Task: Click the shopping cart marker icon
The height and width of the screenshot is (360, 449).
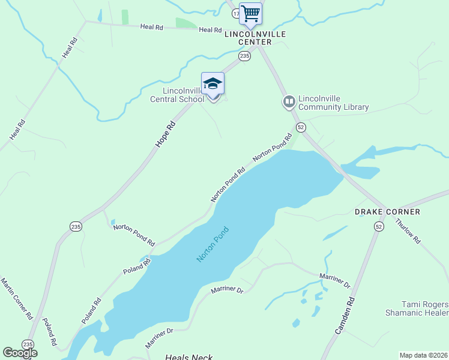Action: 250,13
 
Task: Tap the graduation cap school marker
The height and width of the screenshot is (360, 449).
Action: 212,84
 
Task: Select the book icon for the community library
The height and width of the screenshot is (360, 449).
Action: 289,101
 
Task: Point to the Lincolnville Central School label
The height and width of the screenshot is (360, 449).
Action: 176,95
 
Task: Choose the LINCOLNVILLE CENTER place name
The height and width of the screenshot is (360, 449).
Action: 252,38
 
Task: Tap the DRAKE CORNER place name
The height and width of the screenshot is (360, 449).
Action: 387,212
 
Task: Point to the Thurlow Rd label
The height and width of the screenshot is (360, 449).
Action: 408,230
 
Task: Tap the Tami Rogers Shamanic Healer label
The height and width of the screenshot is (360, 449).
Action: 417,308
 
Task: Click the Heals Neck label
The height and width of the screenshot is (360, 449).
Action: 189,357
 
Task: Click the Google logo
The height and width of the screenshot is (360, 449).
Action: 20,353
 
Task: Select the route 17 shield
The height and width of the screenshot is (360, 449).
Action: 236,12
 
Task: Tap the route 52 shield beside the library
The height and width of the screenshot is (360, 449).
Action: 301,127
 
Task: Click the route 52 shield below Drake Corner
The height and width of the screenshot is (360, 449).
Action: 378,226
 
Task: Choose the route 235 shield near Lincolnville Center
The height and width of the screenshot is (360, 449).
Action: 244,56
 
